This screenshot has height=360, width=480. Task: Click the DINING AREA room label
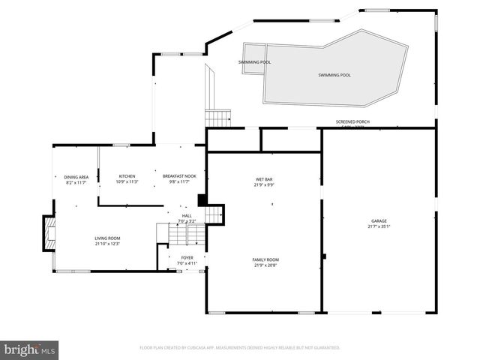click(76, 177)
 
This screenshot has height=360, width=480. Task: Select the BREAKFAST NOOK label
click(179, 177)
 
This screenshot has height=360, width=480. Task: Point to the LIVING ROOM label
click(107, 238)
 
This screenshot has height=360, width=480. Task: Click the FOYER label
click(186, 258)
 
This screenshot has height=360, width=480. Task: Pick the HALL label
click(186, 216)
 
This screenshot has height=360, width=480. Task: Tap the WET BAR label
click(263, 179)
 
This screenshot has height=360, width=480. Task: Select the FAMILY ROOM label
click(265, 259)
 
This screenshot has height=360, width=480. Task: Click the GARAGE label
click(378, 220)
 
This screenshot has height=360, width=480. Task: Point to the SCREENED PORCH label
click(352, 121)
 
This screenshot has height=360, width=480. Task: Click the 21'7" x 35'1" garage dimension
click(378, 226)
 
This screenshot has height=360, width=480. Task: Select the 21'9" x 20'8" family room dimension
click(265, 265)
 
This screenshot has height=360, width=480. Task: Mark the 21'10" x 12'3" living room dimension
click(107, 244)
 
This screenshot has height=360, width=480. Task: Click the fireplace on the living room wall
click(49, 233)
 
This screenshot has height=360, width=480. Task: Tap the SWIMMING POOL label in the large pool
click(334, 75)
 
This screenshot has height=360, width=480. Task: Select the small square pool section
click(253, 52)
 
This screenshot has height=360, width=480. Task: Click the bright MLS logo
click(30, 349)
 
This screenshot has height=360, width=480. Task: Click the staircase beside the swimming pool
click(218, 118)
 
